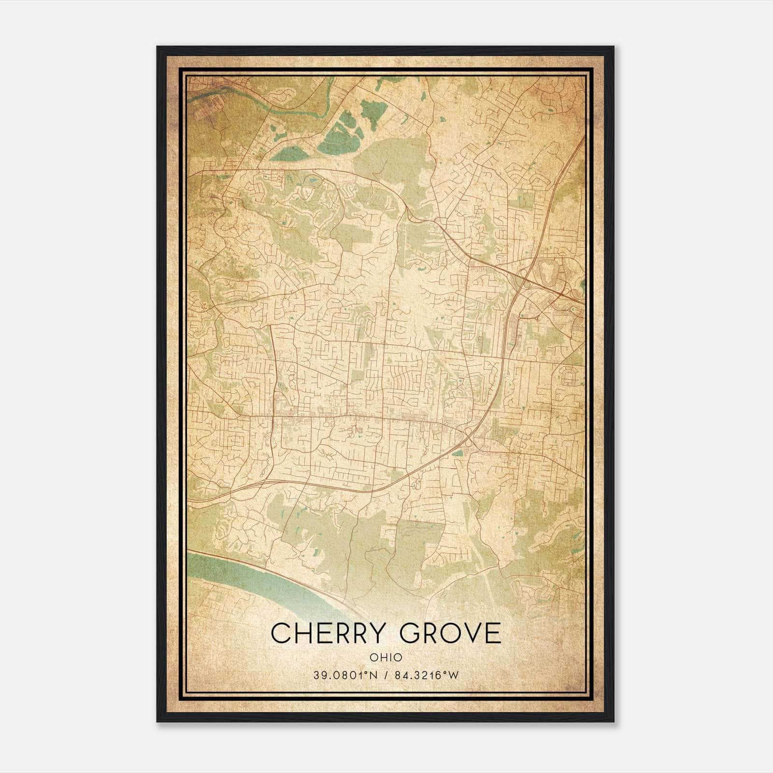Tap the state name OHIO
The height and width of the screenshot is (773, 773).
click(x=386, y=657)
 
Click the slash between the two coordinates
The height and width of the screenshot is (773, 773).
click(x=386, y=675)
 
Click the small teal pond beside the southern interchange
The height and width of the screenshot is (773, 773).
click(x=458, y=453)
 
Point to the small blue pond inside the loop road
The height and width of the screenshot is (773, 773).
click(x=313, y=180)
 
